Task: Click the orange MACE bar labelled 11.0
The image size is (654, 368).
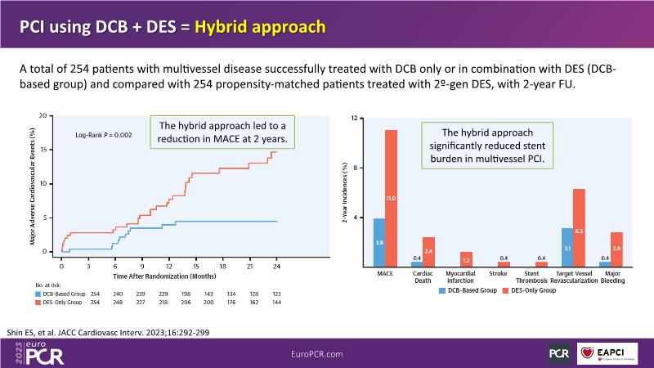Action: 391,198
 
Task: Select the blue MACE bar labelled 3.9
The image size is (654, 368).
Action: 379,242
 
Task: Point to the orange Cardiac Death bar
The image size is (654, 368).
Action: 428,251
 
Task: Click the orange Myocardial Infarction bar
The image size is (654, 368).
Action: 466,258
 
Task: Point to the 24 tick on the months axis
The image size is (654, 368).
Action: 277,267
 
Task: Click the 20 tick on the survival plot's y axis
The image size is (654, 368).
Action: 52,116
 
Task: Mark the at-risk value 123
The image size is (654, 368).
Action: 277,292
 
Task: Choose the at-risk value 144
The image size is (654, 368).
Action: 277,302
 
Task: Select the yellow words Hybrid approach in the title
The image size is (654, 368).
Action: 259,26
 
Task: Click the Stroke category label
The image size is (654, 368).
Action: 504,275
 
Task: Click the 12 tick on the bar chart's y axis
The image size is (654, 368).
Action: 356,118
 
